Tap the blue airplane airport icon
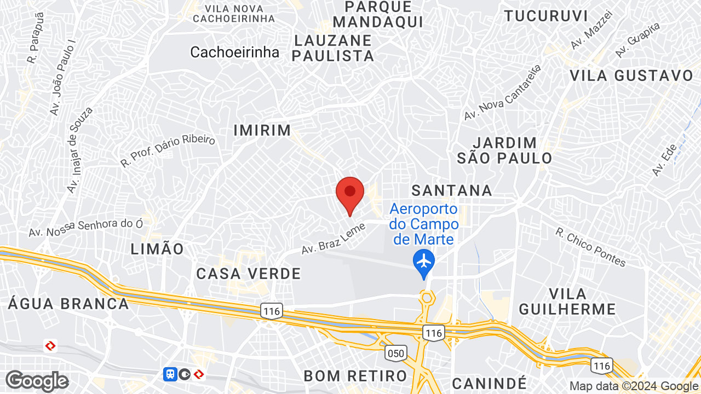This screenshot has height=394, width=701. [x=424, y=260]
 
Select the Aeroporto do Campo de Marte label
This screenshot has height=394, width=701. [x=424, y=224]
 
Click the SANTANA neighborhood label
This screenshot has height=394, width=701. [x=452, y=190]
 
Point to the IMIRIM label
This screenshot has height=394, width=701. [x=262, y=130]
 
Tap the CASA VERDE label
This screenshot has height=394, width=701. [x=249, y=274]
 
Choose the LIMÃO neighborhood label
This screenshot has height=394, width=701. [x=157, y=249]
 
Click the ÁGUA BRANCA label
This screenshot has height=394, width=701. [x=68, y=304]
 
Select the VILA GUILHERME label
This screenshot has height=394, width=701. [x=567, y=301]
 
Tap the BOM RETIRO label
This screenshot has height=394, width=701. [x=355, y=376]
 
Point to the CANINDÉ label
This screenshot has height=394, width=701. [x=490, y=382]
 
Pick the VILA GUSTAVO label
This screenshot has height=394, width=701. [x=631, y=76]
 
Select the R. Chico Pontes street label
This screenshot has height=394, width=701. [x=590, y=247]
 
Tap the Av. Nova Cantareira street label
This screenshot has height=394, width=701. [x=502, y=92]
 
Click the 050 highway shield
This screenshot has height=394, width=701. [x=395, y=354]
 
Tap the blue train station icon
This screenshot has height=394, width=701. [x=170, y=374]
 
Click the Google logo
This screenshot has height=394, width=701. [x=37, y=381]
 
